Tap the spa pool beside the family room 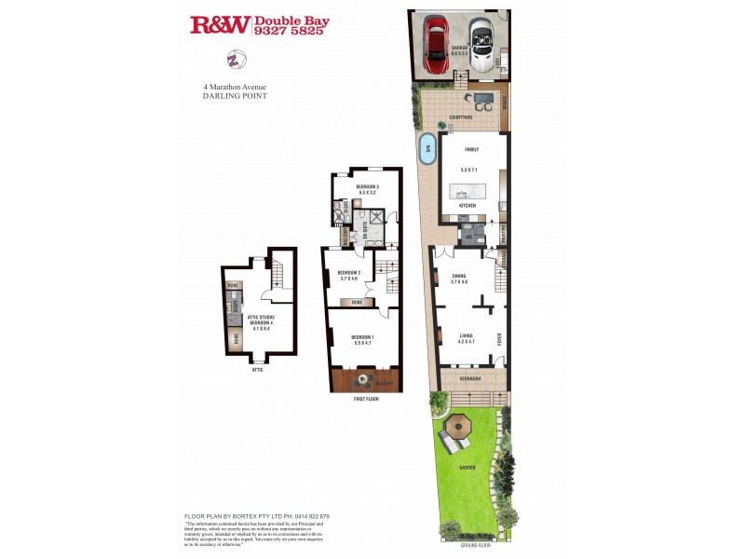(x=427, y=151)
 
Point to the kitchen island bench (x=473, y=192)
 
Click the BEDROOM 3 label (x=367, y=187)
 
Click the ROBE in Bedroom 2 (x=355, y=302)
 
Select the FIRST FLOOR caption (x=365, y=399)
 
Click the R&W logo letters (x=219, y=25)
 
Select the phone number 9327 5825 (x=289, y=31)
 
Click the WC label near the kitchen (x=467, y=236)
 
